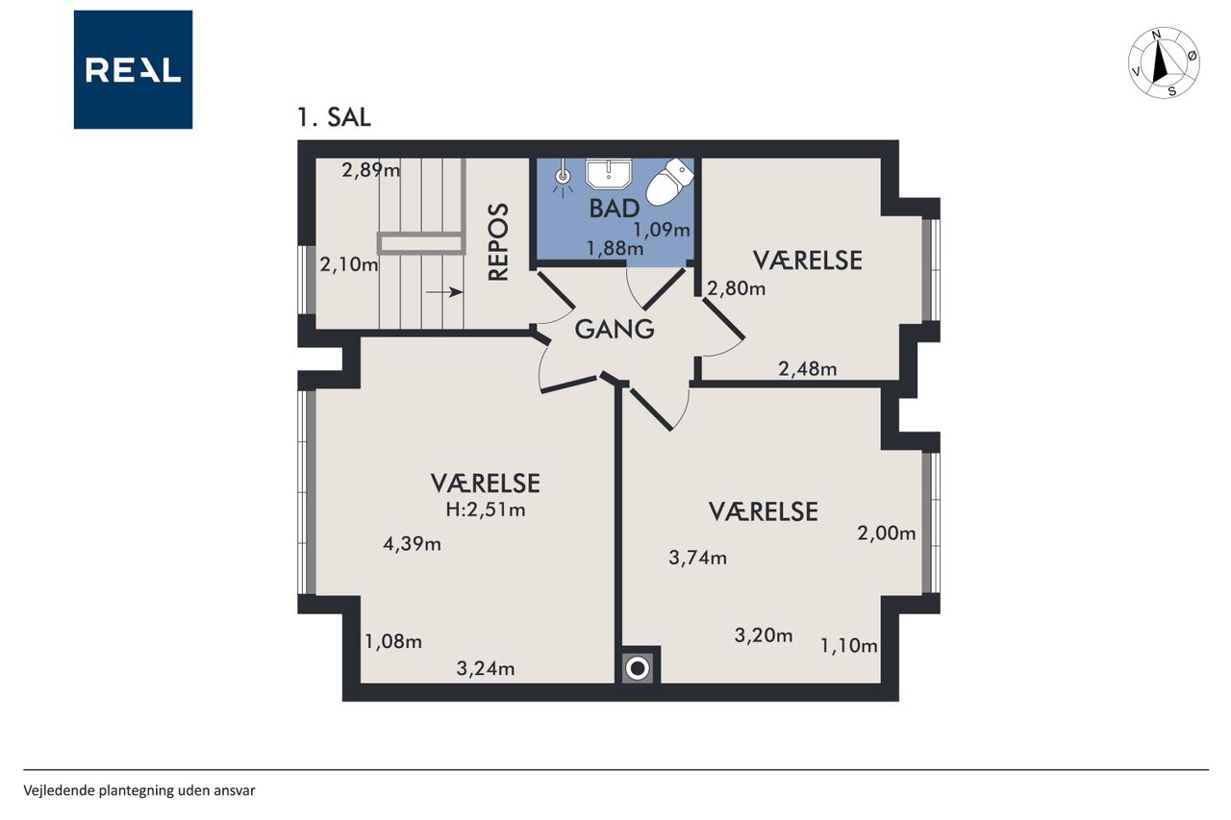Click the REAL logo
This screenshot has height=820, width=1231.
coord(133,70)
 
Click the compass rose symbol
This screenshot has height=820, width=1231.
coord(1164,63)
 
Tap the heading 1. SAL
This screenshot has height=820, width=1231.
coord(334,117)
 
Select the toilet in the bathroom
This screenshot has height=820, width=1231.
coord(668,182)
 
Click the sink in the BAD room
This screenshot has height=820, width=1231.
coord(609,173)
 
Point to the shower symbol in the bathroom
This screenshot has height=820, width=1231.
coord(563,179)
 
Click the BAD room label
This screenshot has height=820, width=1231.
coord(614,209)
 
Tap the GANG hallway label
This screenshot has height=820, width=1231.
coord(615,330)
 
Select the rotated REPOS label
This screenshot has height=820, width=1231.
coord(498,242)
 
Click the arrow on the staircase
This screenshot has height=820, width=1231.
coord(444,292)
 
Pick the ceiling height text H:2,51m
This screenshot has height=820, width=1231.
coord(486,510)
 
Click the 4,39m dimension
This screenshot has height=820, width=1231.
coord(412,544)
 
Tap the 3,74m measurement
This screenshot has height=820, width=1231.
coord(697,558)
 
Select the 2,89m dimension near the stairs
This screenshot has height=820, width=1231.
coord(370,170)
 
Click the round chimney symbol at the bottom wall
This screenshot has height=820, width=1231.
coord(638,668)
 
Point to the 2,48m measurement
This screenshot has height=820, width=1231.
coord(807,369)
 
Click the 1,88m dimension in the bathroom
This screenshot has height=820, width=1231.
coord(615,249)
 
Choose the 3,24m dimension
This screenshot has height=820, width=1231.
coord(486,668)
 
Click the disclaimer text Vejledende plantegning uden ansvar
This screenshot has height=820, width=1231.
coord(139,791)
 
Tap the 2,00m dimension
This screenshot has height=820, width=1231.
coord(887,533)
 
